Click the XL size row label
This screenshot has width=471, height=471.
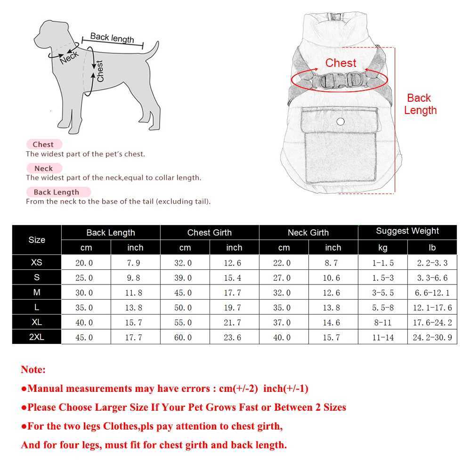tap(37, 322)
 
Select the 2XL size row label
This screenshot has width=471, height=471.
tap(37, 337)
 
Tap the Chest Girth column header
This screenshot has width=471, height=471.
tap(209, 232)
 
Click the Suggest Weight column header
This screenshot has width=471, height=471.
tap(407, 231)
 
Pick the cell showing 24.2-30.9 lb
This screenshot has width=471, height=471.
tap(432, 338)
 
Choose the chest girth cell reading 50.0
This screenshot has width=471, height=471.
tap(185, 308)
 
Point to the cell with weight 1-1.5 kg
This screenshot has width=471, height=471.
tap(382, 263)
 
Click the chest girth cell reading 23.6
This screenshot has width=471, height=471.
tap(234, 338)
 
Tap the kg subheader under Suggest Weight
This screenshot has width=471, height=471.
tap(382, 247)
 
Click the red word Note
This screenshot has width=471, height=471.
tap(33, 370)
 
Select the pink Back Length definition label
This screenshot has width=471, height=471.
tap(57, 192)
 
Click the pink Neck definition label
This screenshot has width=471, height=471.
tap(43, 168)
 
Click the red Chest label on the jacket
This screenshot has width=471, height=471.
tap(341, 63)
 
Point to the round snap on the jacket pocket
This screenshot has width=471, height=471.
tap(341, 122)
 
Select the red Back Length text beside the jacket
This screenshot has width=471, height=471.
tap(420, 104)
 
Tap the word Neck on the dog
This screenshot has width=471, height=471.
tap(69, 57)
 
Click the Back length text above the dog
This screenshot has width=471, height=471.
tap(112, 37)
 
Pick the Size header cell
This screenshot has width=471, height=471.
tap(37, 240)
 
